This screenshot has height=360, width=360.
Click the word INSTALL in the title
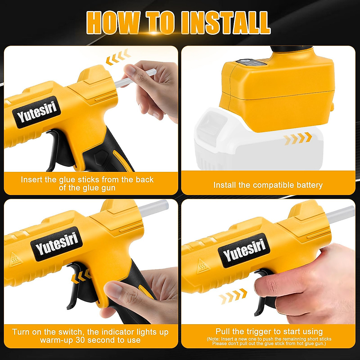226,23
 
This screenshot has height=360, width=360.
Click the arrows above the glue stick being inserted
118,58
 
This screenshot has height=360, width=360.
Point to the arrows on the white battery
298,139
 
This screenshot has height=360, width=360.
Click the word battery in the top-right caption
309,185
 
